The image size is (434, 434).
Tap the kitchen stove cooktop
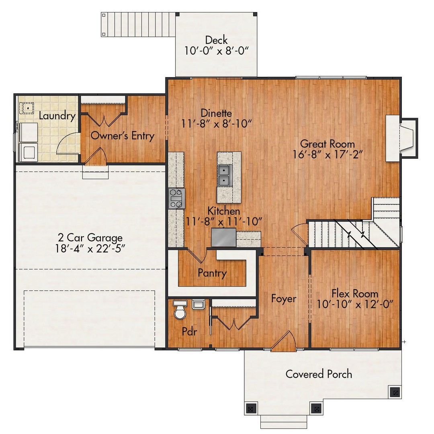pos(176,199)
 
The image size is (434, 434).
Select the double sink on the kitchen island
pos(224,176)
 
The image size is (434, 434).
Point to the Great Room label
pos(328,144)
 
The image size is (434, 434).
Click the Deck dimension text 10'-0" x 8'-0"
pos(217,51)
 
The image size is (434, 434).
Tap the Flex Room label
pos(355,293)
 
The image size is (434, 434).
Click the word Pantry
pos(212,274)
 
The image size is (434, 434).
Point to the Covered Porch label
pos(319,374)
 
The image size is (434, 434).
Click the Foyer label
pos(283,299)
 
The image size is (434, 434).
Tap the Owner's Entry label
pos(122,136)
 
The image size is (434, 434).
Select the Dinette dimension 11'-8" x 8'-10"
pos(217,123)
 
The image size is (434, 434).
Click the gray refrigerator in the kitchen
pos(224,237)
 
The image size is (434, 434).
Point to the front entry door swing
pos(284,341)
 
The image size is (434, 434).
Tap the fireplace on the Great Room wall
pos(401,138)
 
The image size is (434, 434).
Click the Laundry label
pos(57,116)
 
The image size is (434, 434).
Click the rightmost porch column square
pos(395,392)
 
